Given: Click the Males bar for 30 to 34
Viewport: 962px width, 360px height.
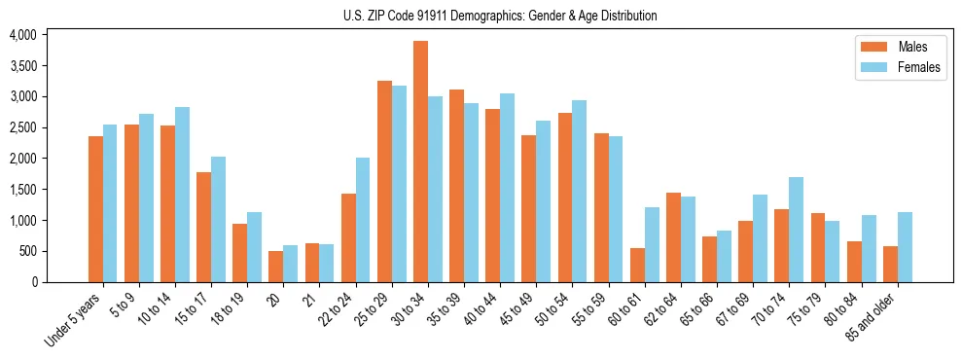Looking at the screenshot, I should (420, 162).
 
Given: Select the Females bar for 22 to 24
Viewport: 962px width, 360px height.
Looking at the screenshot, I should (363, 220).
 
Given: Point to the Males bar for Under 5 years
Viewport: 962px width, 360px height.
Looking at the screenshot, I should (95, 209).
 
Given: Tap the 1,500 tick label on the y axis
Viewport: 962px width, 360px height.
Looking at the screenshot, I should (21, 190).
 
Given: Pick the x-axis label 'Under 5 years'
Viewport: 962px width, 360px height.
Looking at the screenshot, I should (73, 320).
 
